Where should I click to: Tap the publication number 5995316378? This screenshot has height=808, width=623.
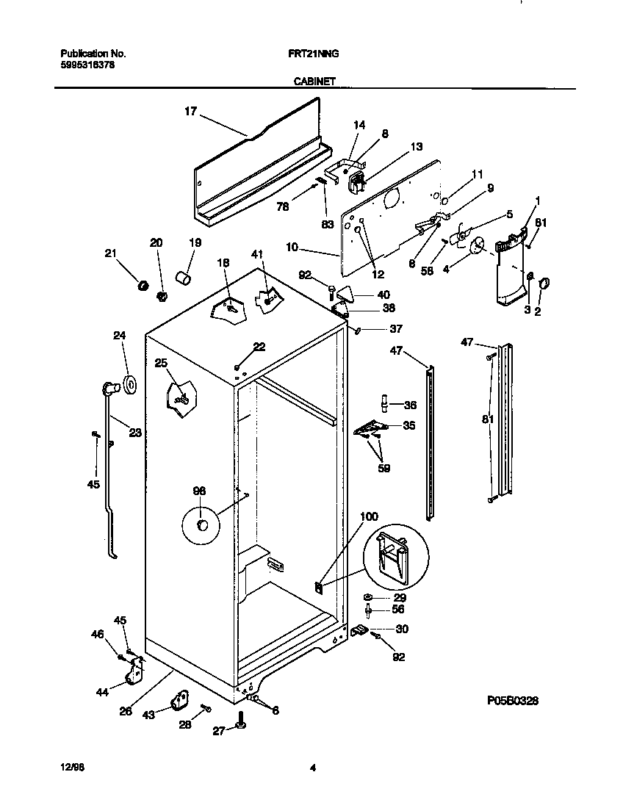coord(86,65)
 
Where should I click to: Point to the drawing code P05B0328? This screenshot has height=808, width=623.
coord(513,701)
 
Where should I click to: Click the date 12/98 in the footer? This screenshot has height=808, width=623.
coord(68,768)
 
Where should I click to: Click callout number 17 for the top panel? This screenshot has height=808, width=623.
coord(190,111)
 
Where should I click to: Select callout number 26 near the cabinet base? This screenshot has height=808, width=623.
coord(126,710)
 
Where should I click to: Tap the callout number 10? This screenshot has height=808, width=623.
coord(292,248)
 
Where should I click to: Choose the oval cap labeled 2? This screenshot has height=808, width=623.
coord(545,283)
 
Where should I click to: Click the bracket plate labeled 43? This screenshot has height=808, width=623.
coord(179,701)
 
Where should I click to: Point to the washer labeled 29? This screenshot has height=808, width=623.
coord(367,597)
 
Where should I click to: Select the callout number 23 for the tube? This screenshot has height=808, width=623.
coord(134,433)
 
